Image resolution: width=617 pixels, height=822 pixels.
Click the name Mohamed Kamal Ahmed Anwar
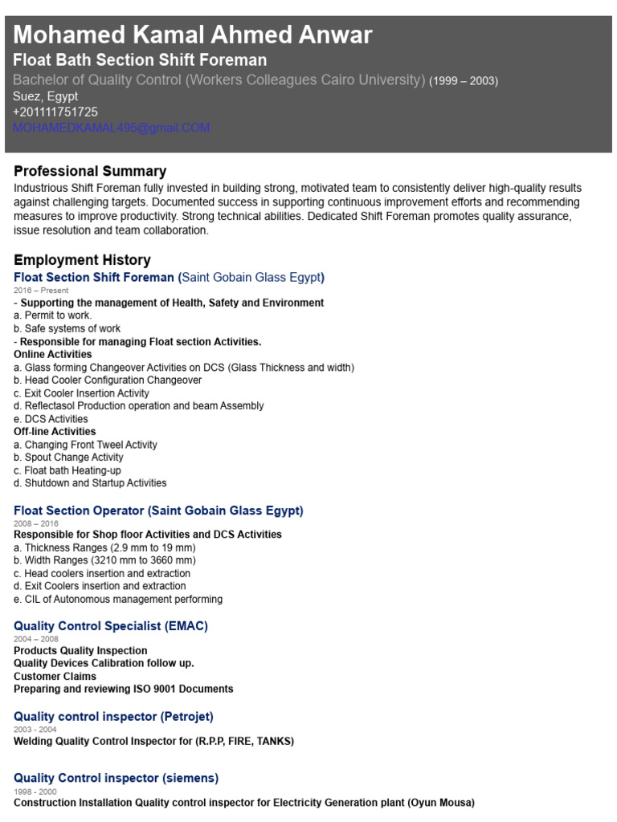pyautogui.click(x=193, y=35)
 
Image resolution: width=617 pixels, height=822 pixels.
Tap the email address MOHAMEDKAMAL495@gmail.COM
pyautogui.click(x=111, y=128)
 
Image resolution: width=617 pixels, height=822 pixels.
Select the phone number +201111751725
pyautogui.click(x=55, y=112)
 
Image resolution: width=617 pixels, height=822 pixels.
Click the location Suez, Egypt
pyautogui.click(x=46, y=96)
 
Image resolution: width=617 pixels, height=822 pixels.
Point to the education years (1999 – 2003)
pyautogui.click(x=464, y=80)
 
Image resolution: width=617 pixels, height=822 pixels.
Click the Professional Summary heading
pyautogui.click(x=90, y=171)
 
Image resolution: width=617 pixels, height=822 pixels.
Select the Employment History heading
pyautogui.click(x=82, y=260)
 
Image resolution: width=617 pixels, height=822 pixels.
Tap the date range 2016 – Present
pyautogui.click(x=41, y=291)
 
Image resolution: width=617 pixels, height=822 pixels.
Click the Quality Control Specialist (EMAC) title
pyautogui.click(x=111, y=625)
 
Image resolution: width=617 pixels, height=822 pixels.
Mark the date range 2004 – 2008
pyautogui.click(x=35, y=639)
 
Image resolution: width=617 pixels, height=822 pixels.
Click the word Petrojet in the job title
pyautogui.click(x=186, y=716)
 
